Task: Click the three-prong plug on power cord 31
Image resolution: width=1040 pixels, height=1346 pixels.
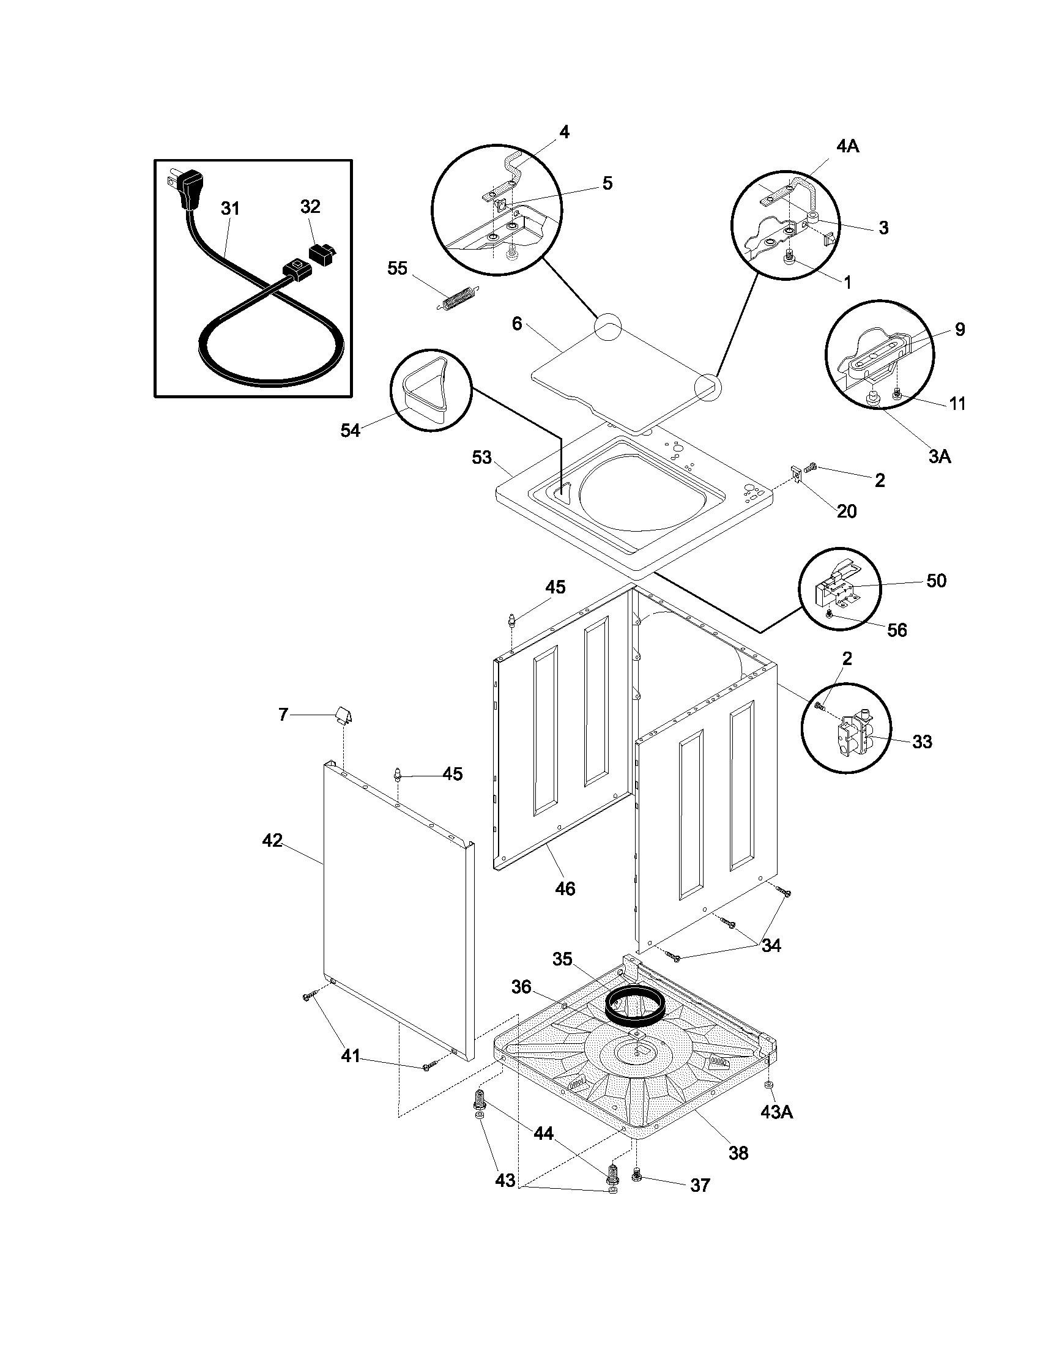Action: (x=185, y=188)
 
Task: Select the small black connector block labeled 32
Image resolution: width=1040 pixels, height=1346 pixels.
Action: (x=322, y=253)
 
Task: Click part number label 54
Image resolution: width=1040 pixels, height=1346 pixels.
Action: (x=350, y=430)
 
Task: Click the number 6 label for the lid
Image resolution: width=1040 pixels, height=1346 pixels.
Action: (x=516, y=324)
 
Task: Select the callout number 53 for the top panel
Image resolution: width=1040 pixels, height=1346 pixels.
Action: (x=482, y=457)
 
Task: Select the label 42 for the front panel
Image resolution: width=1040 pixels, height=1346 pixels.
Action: (x=272, y=840)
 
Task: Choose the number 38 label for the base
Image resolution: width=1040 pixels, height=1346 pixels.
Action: (x=738, y=1153)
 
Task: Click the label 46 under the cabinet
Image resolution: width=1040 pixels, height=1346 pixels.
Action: (x=565, y=888)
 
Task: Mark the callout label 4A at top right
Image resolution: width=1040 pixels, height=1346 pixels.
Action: (x=848, y=146)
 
